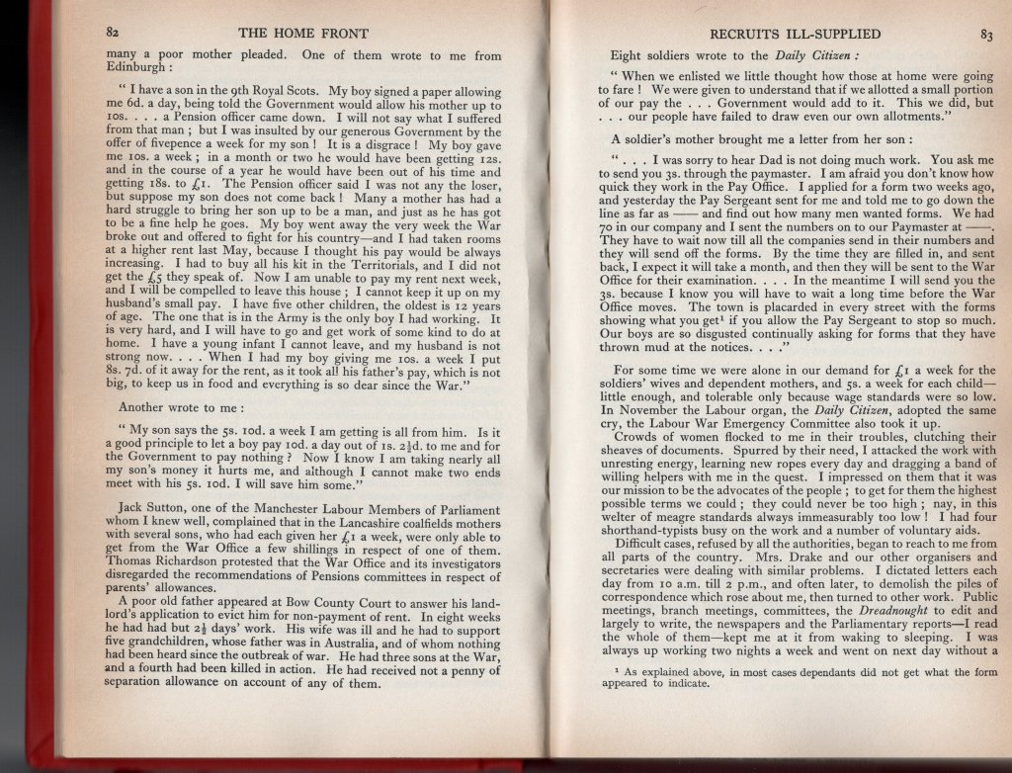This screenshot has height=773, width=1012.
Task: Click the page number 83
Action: [986, 36]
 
